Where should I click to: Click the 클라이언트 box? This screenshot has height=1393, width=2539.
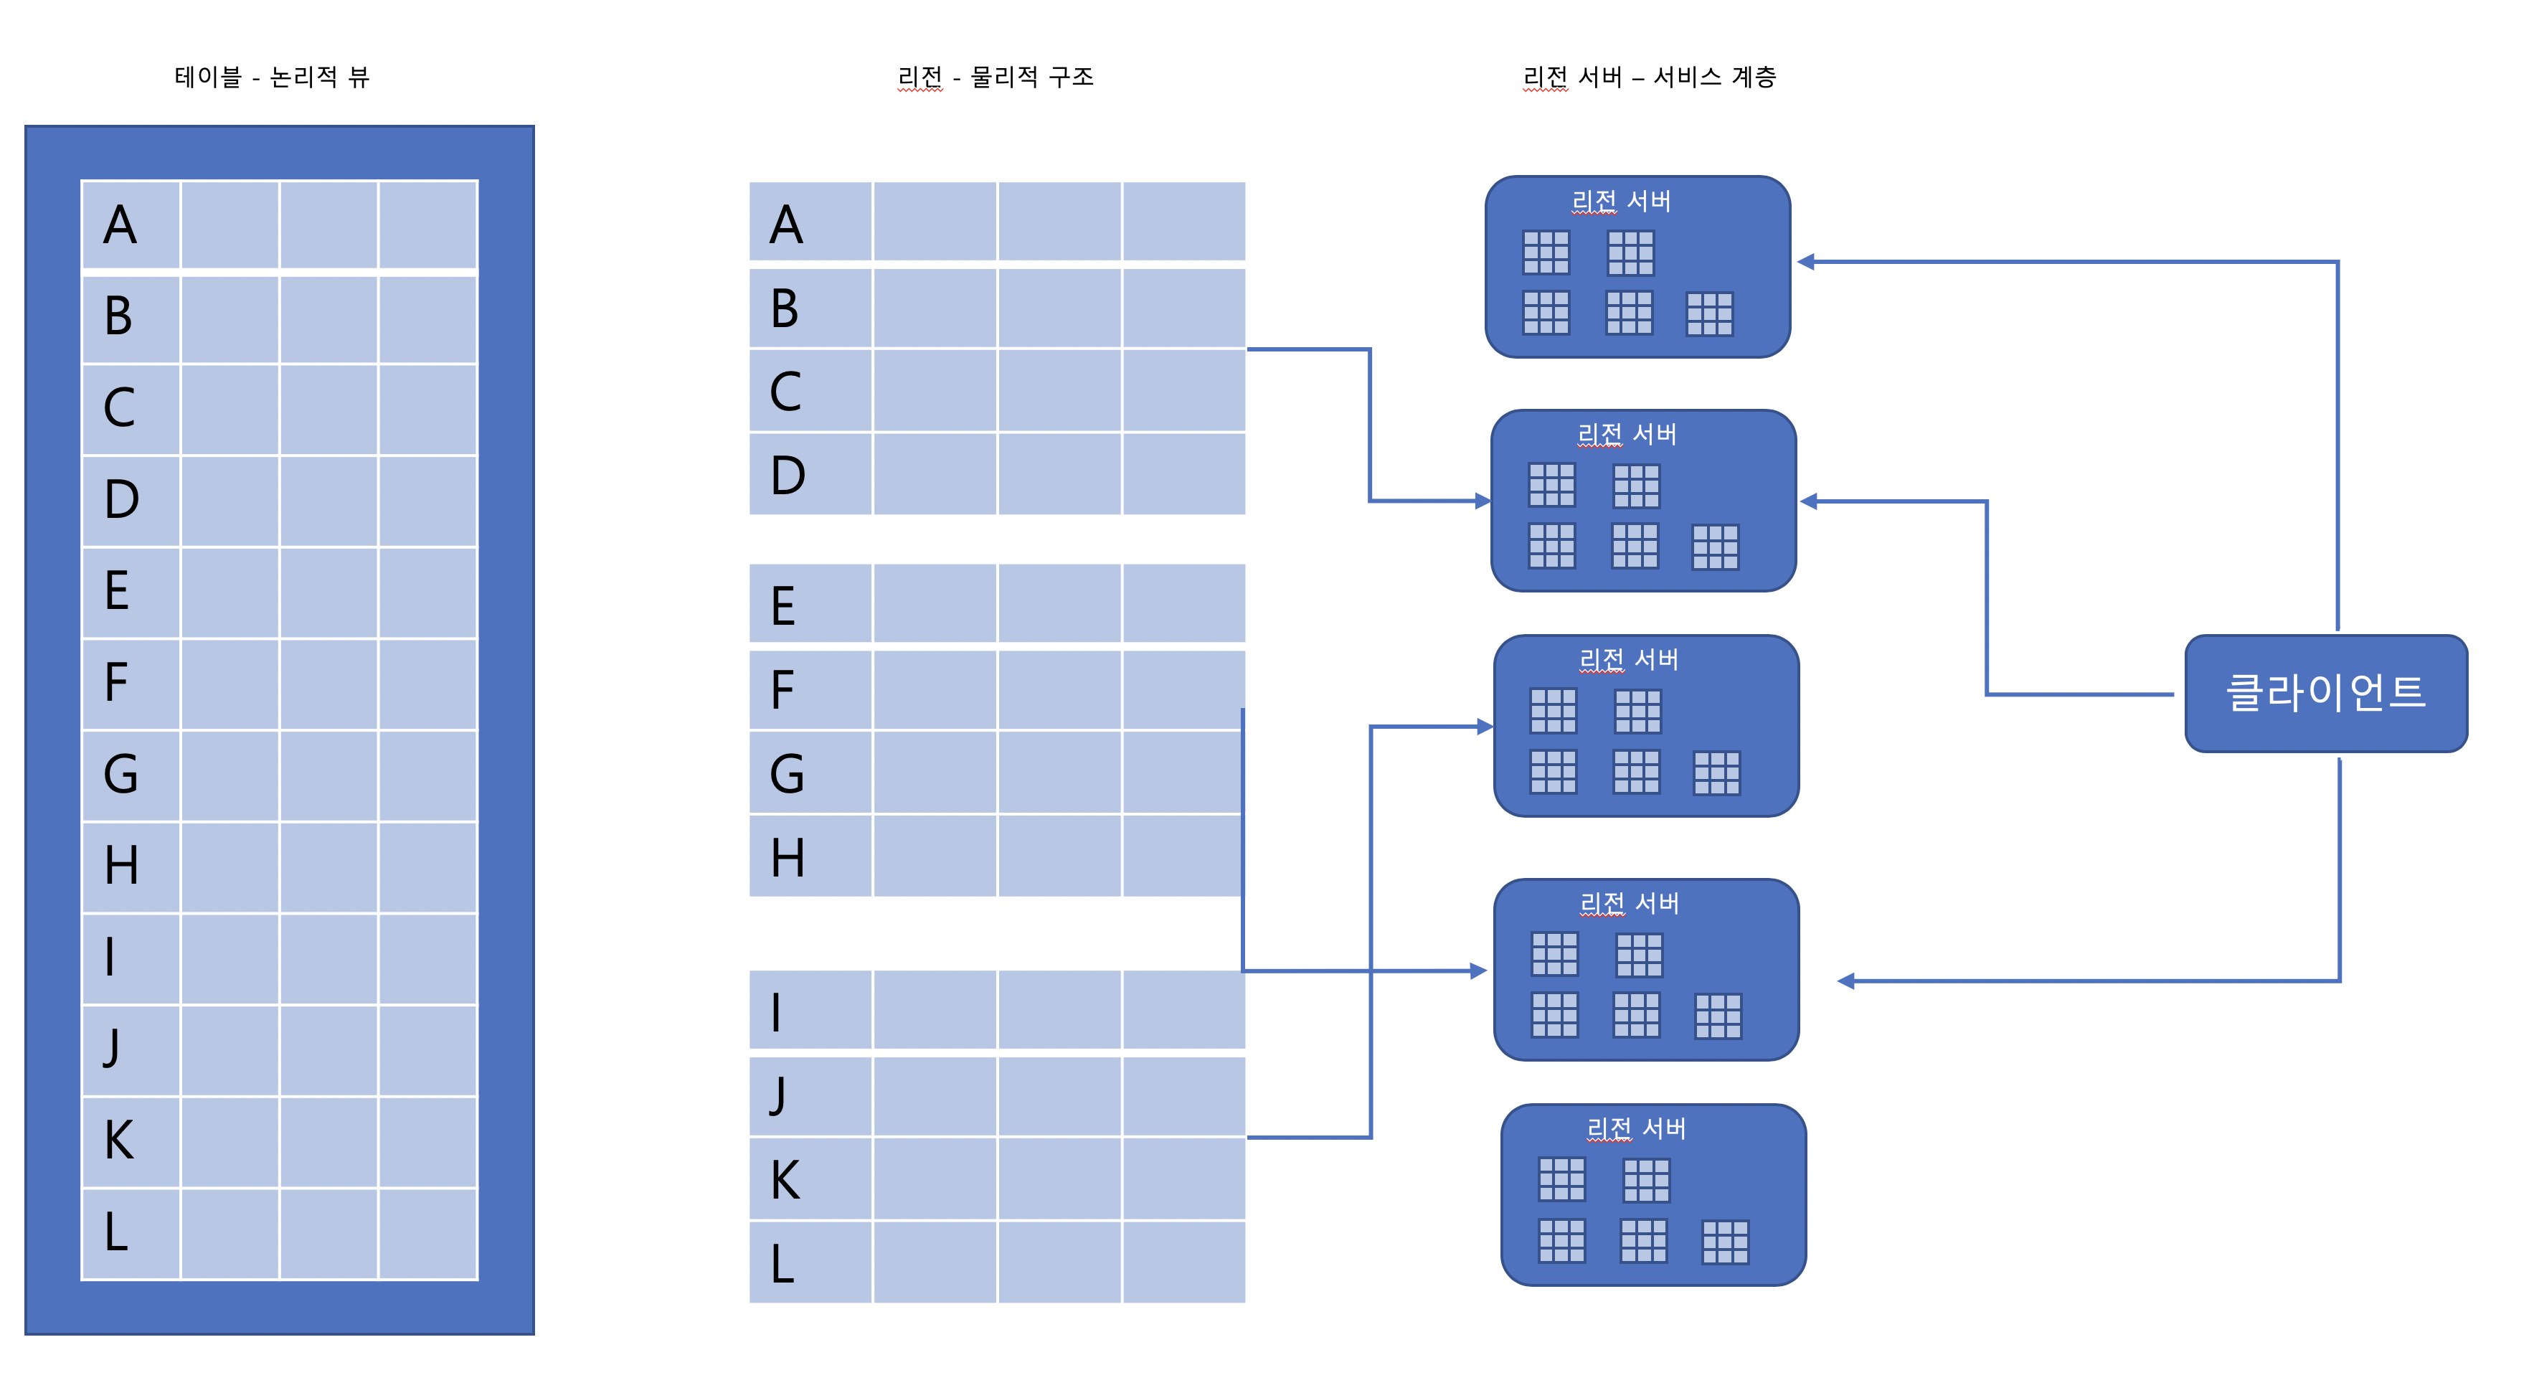click(x=2325, y=693)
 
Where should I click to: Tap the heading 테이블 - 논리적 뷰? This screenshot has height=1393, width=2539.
click(x=272, y=77)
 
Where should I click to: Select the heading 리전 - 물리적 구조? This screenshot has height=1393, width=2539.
click(x=995, y=77)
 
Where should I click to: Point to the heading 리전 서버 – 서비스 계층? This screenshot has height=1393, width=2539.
click(x=1649, y=77)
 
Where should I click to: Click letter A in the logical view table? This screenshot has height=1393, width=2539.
click(x=120, y=225)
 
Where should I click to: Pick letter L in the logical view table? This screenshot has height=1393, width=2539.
click(x=116, y=1232)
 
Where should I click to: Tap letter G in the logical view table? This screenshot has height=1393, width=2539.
click(x=120, y=774)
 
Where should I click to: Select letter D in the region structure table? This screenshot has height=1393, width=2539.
click(x=788, y=475)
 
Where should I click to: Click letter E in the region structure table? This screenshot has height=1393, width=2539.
click(x=782, y=605)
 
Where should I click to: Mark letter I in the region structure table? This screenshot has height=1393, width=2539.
click(x=777, y=1011)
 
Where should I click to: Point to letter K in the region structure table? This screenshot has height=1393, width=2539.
click(x=785, y=1179)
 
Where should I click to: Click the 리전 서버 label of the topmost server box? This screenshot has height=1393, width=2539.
click(x=1622, y=201)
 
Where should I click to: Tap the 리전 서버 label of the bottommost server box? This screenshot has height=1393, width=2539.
click(x=1636, y=1128)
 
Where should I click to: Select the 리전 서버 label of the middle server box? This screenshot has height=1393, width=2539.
click(x=1628, y=658)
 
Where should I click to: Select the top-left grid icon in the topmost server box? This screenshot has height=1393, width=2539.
click(x=1546, y=252)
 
